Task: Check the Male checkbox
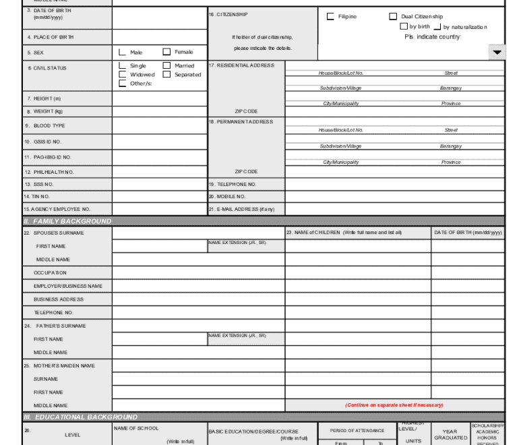(122, 52)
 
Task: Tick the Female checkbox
(166, 52)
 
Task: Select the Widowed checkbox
(122, 75)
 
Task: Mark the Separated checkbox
(166, 75)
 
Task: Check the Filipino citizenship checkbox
(330, 16)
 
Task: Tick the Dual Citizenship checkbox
(393, 16)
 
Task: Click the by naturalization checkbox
(437, 27)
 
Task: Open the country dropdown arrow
(497, 53)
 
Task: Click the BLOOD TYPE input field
(159, 125)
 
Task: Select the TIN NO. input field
(159, 196)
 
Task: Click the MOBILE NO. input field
(394, 196)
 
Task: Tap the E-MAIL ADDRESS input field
(394, 209)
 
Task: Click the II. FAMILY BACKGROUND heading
(67, 221)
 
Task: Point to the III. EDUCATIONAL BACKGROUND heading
(80, 417)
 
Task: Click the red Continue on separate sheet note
(394, 405)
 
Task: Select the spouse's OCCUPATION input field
(198, 273)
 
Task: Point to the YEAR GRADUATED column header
(450, 434)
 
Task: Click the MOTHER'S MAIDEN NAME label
(64, 365)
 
